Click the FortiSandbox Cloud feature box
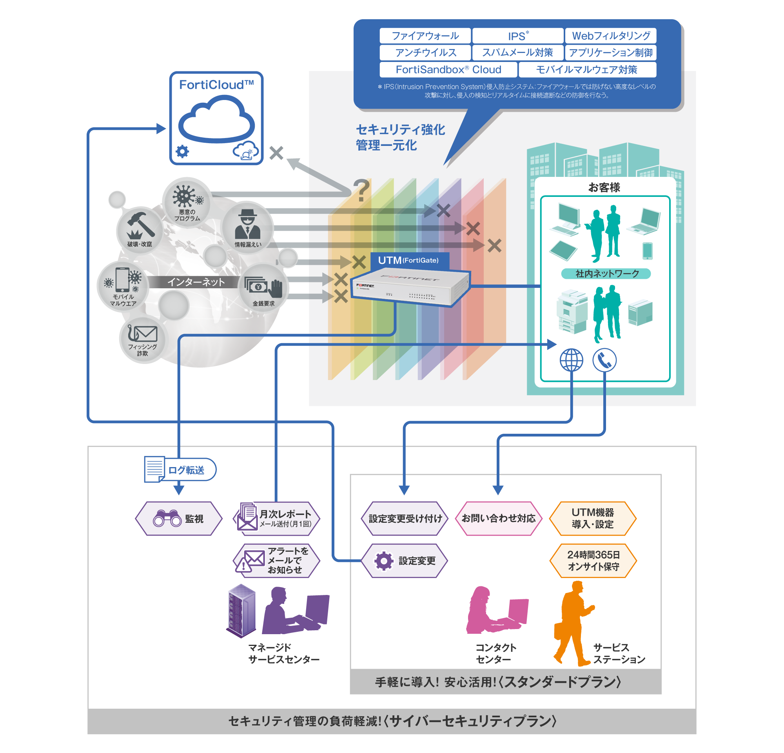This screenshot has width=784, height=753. point(448,70)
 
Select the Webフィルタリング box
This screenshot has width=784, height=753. point(610,36)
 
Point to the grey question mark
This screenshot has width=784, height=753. point(361,190)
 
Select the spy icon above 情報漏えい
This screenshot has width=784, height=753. point(247,224)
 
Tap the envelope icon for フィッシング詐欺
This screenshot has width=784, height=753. point(142,333)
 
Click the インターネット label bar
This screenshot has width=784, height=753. point(196,282)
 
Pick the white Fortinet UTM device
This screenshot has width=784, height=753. point(410,286)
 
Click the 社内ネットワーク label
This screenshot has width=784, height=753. point(606,274)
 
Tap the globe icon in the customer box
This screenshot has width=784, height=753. point(571,360)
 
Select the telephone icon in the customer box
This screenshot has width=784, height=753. point(604,360)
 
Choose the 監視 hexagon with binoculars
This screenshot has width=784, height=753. point(179,518)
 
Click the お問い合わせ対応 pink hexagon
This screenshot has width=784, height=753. point(498,518)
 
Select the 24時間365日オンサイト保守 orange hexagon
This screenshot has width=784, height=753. point(593,560)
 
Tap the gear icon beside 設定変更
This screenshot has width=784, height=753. point(384,561)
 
